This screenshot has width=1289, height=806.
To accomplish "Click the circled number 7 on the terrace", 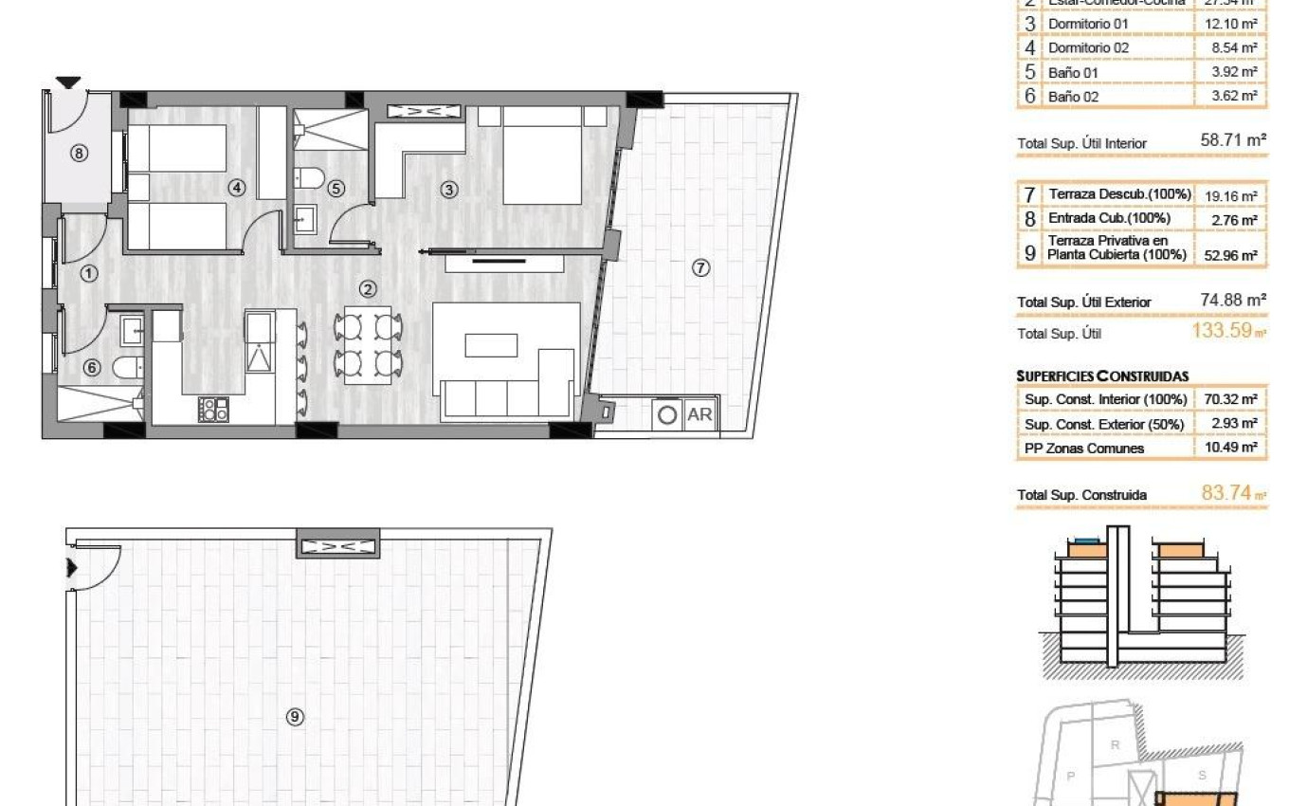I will click(x=700, y=268).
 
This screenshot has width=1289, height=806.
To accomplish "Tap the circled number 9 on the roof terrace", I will click(x=295, y=717).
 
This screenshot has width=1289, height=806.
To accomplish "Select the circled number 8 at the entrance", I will click(x=80, y=153).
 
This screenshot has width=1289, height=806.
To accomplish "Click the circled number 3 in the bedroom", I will click(x=449, y=190).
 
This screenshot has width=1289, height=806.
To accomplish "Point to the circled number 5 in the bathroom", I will click(x=336, y=189).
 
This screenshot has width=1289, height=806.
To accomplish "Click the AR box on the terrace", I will click(x=699, y=414).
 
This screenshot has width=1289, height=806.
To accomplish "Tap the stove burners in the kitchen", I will click(x=213, y=409).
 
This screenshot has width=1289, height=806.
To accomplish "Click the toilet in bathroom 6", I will click(x=126, y=367).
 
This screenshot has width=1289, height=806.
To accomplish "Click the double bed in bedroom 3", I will click(x=541, y=156).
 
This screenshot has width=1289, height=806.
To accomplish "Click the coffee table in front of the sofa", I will click(x=491, y=344).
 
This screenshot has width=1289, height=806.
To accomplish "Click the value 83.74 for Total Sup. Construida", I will click(x=1226, y=493).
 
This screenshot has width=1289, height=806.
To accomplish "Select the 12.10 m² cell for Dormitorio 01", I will click(x=1229, y=23).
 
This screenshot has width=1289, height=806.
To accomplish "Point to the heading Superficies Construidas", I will click(x=1102, y=376).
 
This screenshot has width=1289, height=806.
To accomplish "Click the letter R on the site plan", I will click(x=1115, y=744).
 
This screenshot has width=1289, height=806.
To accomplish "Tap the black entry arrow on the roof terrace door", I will click(x=71, y=568).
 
